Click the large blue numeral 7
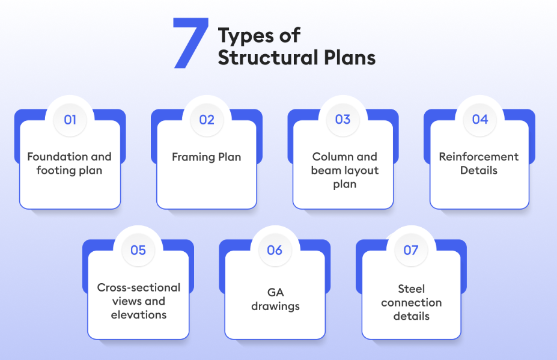191,43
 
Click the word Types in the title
244,37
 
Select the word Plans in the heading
349,58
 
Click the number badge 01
70,120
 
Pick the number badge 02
207,120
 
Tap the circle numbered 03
343,120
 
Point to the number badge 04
479,120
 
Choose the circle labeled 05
138,250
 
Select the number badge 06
275,250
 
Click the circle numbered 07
411,250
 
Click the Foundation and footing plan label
70,163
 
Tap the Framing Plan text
207,157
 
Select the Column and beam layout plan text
345,170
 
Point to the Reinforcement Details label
479,163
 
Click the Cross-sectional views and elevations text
139,301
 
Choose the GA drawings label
275,301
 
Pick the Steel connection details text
412,302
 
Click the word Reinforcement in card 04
479,157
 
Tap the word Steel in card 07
412,289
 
